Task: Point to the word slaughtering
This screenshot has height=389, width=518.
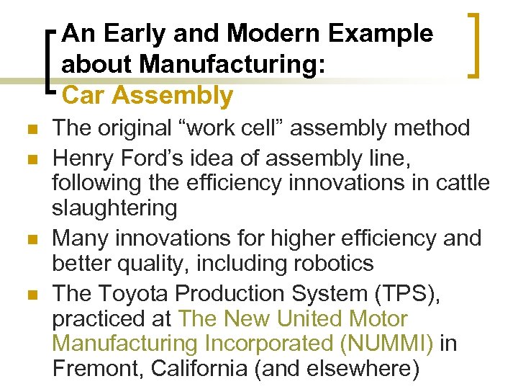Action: tap(114, 209)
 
